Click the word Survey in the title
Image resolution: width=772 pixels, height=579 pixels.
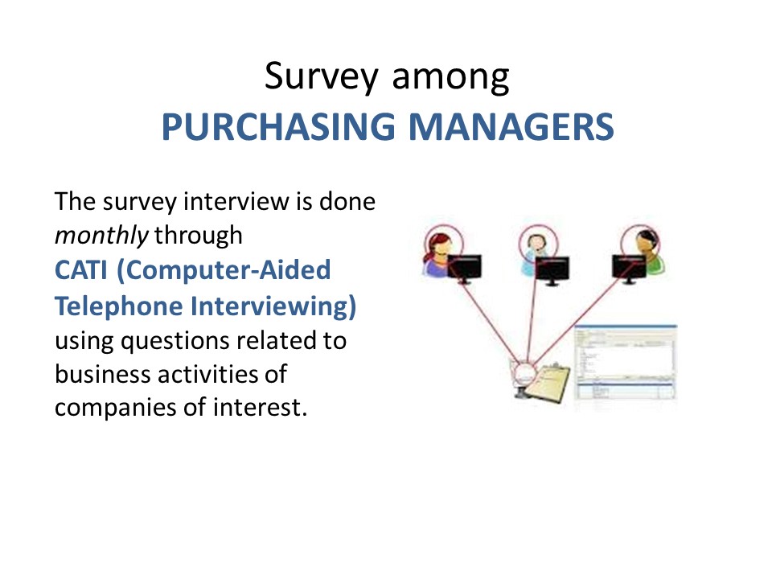tap(322, 77)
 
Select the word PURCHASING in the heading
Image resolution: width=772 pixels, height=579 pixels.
tap(278, 127)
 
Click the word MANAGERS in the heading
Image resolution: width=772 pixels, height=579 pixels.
tap(511, 127)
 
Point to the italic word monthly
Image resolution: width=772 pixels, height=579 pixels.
tap(101, 236)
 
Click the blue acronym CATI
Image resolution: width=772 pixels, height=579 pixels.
tap(80, 270)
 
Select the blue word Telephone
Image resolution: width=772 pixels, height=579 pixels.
tap(119, 306)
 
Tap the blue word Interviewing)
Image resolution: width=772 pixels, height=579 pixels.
tap(273, 306)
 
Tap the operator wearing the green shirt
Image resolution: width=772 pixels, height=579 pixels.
tap(648, 251)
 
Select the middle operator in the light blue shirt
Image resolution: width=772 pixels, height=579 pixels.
tap(535, 253)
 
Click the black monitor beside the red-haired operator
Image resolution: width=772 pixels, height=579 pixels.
tap(464, 269)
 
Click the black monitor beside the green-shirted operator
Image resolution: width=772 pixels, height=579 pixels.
tap(629, 269)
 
